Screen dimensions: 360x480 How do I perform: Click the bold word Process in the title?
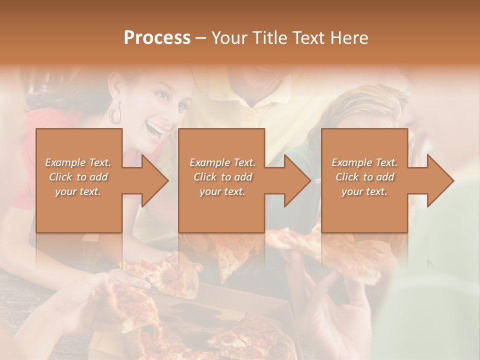pyautogui.click(x=157, y=38)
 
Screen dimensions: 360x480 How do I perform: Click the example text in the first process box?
pyautogui.click(x=78, y=177)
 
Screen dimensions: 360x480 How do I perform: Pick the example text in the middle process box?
pyautogui.click(x=222, y=177)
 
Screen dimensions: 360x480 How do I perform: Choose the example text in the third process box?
pyautogui.click(x=364, y=177)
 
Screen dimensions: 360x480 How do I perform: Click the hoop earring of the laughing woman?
pyautogui.click(x=115, y=112)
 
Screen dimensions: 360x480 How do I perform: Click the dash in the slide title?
pyautogui.click(x=201, y=38)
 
